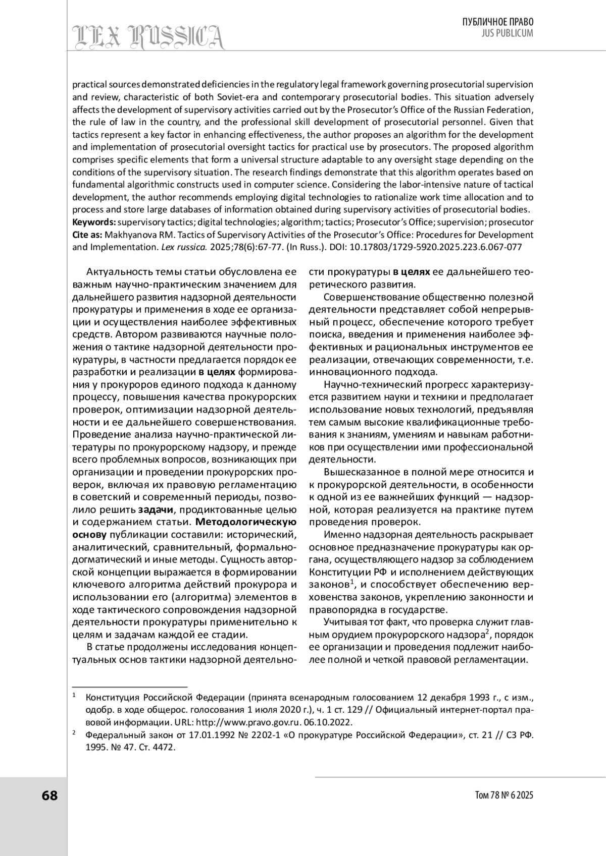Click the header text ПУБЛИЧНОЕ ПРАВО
[498, 22]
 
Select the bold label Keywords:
[94, 222]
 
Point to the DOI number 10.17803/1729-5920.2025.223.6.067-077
[435, 248]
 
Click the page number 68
[49, 795]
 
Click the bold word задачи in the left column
[157, 509]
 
